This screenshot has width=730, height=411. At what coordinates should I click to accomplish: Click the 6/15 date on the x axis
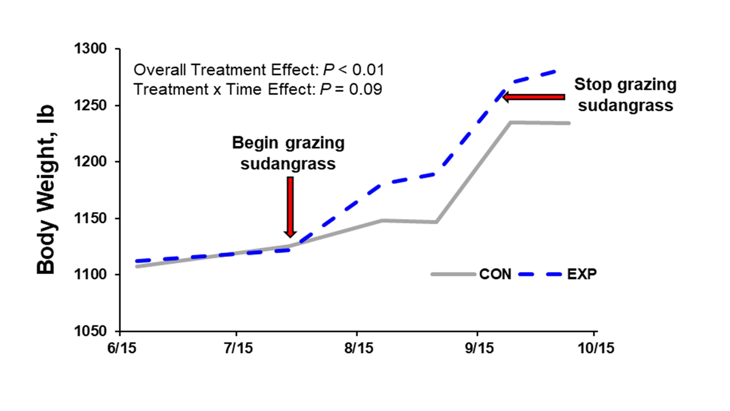coord(122,348)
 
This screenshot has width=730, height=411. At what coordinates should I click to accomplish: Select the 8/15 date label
coord(358,348)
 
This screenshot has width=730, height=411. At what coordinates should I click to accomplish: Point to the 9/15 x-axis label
coord(479,348)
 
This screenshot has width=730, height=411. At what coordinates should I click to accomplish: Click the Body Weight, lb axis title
coord(46,189)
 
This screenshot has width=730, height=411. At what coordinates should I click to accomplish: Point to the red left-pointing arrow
coord(533,97)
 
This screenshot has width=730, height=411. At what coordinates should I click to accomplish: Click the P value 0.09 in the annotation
coord(365,89)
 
